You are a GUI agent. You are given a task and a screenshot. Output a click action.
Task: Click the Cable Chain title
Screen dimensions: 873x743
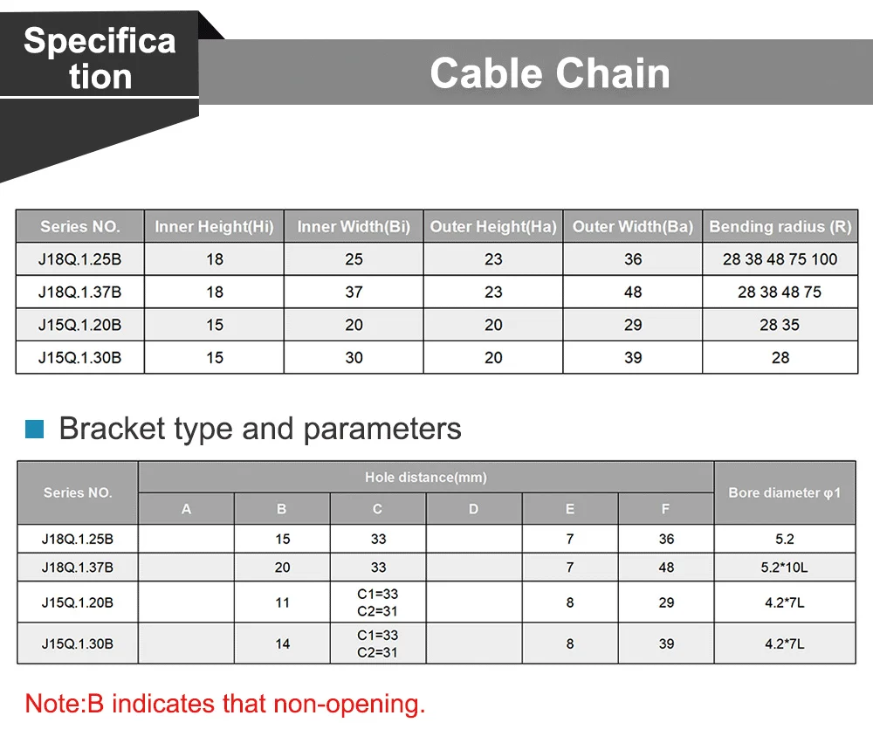pyautogui.click(x=549, y=73)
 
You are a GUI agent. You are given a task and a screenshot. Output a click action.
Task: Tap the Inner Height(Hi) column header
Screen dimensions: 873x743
pyautogui.click(x=215, y=227)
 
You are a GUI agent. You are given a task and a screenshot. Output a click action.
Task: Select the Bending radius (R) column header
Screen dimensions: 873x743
pyautogui.click(x=780, y=227)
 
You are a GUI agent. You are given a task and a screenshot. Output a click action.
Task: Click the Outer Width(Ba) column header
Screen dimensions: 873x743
pyautogui.click(x=632, y=227)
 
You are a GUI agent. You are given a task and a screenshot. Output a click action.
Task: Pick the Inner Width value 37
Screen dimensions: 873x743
pyautogui.click(x=354, y=292)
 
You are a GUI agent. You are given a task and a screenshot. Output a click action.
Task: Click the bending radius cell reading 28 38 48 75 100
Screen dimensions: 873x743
pyautogui.click(x=780, y=259)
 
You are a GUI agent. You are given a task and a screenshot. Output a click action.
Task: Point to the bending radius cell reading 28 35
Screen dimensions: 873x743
pyautogui.click(x=780, y=325)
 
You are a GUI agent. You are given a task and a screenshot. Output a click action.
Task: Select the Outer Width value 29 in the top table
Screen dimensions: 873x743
pyautogui.click(x=632, y=325)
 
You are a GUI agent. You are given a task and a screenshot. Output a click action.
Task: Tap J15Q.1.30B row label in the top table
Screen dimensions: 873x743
pyautogui.click(x=79, y=358)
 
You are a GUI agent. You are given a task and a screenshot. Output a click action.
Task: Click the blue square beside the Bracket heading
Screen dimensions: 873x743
pyautogui.click(x=35, y=429)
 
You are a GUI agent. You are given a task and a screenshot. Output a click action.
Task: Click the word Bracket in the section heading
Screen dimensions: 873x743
pyautogui.click(x=113, y=429)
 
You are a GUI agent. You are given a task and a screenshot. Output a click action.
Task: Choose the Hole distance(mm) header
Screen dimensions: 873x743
pyautogui.click(x=426, y=478)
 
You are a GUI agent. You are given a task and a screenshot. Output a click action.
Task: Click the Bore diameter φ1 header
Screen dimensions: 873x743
pyautogui.click(x=785, y=493)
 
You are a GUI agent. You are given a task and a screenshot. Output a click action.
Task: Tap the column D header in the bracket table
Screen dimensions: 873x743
pyautogui.click(x=473, y=509)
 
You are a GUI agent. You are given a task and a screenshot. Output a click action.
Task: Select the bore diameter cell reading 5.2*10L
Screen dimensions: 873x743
pyautogui.click(x=784, y=568)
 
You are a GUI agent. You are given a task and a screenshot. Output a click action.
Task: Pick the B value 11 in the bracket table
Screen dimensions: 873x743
pyautogui.click(x=282, y=602)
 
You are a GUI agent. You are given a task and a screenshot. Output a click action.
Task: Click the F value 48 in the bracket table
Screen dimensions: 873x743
pyautogui.click(x=666, y=568)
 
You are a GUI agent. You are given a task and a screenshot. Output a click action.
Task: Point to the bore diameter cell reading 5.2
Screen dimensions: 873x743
pyautogui.click(x=785, y=540)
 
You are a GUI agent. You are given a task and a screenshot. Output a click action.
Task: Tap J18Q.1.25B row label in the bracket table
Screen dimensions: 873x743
pyautogui.click(x=78, y=540)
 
